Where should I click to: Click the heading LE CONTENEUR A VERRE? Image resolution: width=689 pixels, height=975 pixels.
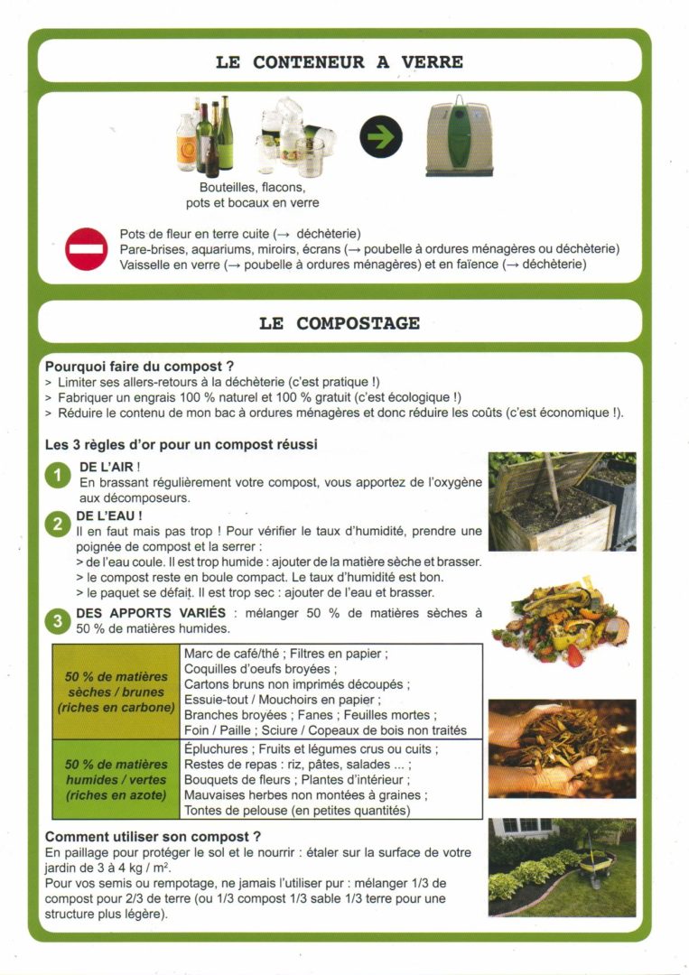[x=339, y=62]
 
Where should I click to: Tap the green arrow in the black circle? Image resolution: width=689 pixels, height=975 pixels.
[x=381, y=138]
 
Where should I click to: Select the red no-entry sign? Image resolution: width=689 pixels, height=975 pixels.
[x=87, y=249]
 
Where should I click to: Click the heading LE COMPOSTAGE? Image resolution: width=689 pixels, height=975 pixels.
[x=339, y=323]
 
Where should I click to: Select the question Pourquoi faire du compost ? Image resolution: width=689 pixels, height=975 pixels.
[x=140, y=367]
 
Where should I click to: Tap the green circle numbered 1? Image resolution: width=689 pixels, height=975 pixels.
[x=58, y=477]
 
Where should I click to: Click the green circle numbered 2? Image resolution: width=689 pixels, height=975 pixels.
[x=58, y=525]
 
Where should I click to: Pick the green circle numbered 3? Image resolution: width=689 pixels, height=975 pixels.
[x=58, y=621]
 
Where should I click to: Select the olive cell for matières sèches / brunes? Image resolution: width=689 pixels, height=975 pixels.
[x=116, y=692]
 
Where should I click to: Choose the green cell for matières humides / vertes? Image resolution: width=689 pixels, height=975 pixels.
[x=116, y=780]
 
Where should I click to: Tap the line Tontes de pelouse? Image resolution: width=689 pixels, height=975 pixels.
[x=297, y=811]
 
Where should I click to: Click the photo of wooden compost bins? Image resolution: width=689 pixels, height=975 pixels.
[x=562, y=501]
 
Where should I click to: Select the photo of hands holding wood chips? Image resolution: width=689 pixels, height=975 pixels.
[x=562, y=748]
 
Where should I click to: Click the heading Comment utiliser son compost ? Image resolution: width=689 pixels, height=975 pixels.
[x=154, y=837]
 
